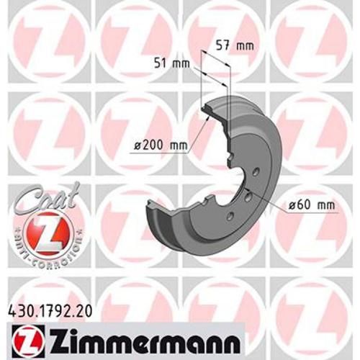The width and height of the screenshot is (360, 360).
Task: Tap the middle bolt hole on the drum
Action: click(x=248, y=194)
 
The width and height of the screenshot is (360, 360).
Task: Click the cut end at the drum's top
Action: click(x=211, y=108)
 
